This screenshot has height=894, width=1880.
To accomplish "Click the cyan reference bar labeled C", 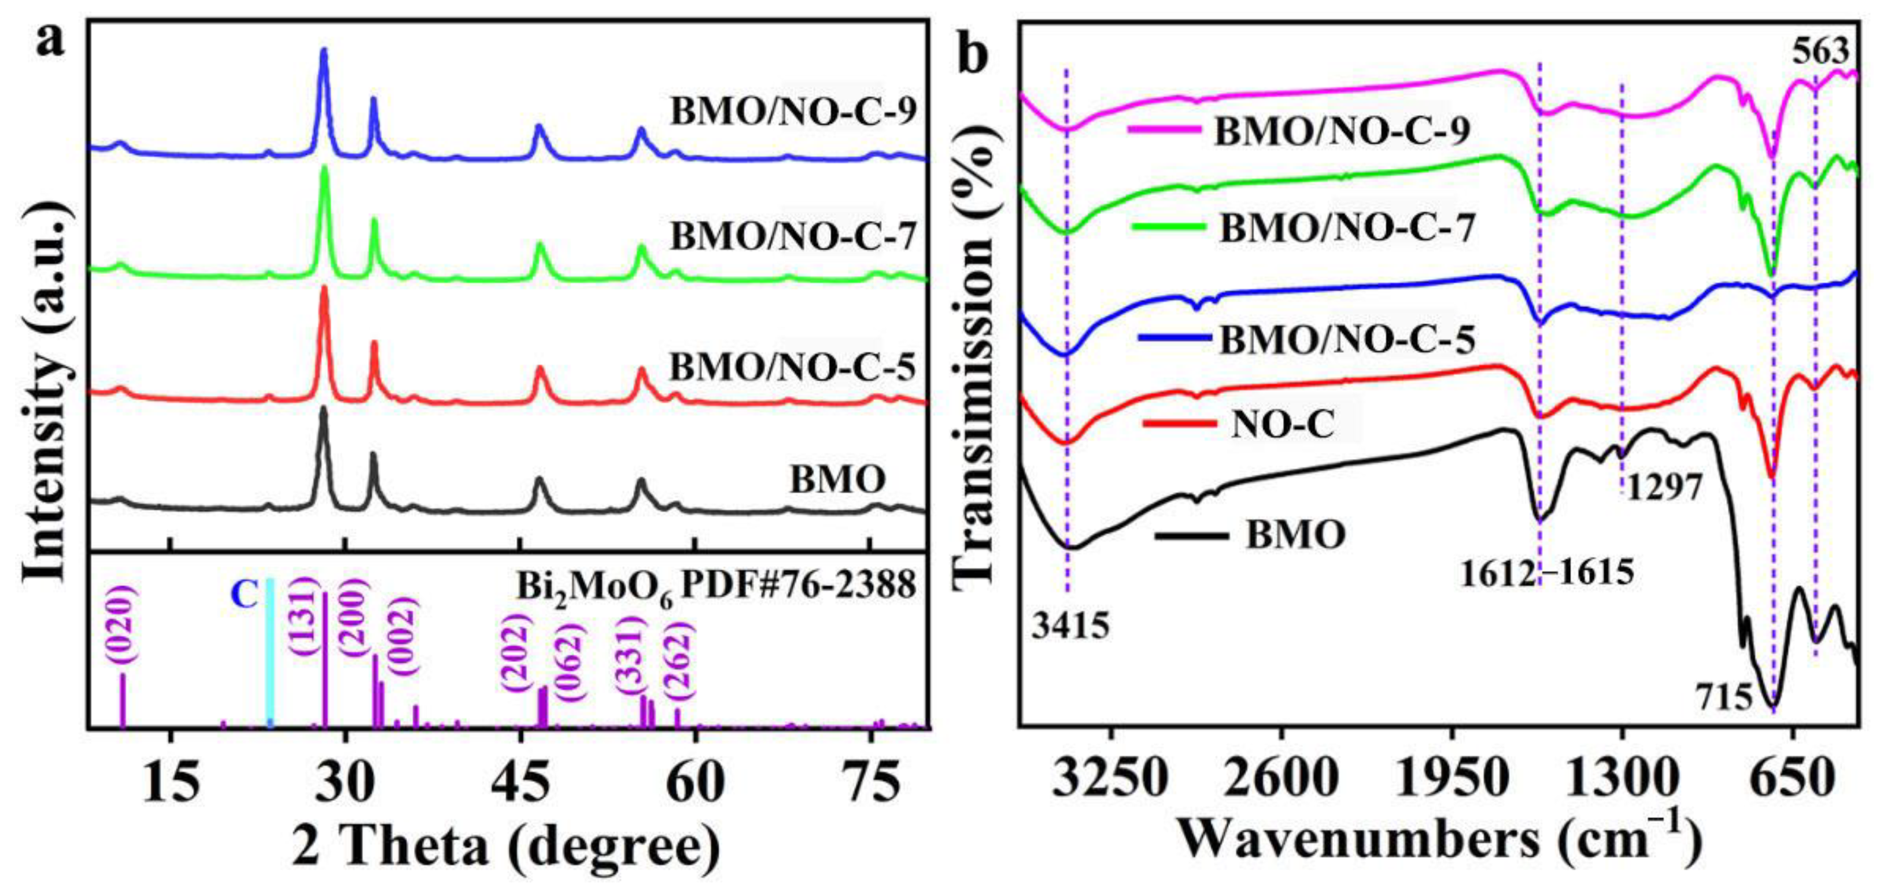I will tap(270, 653).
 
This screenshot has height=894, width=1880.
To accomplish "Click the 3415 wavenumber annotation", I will tap(1070, 626).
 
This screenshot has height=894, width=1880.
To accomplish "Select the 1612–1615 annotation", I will tap(1546, 574).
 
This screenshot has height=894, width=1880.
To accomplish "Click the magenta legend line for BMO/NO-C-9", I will tap(1165, 129).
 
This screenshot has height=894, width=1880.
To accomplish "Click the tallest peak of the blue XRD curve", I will tap(324, 51).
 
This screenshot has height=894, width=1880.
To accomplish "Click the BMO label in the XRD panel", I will tap(837, 479).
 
